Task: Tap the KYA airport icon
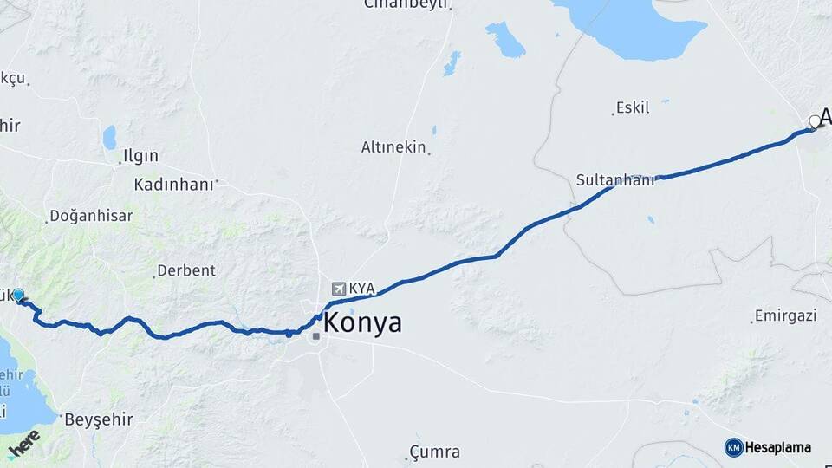pyautogui.click(x=337, y=289)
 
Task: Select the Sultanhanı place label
pyautogui.click(x=615, y=180)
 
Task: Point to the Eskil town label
pyautogui.click(x=632, y=108)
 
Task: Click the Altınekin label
pyautogui.click(x=393, y=147)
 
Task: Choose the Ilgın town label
pyautogui.click(x=140, y=156)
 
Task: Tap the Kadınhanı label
pyautogui.click(x=173, y=185)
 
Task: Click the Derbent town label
pyautogui.click(x=185, y=270)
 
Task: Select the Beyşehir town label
pyautogui.click(x=99, y=419)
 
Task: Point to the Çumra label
pyautogui.click(x=435, y=452)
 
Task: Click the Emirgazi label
pyautogui.click(x=786, y=315)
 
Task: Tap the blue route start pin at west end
pyautogui.click(x=18, y=296)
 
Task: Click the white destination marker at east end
pyautogui.click(x=814, y=121)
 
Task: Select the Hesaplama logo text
pyautogui.click(x=777, y=447)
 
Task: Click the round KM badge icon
pyautogui.click(x=733, y=447)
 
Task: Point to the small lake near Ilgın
pyautogui.click(x=109, y=137)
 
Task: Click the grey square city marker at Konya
pyautogui.click(x=316, y=335)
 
